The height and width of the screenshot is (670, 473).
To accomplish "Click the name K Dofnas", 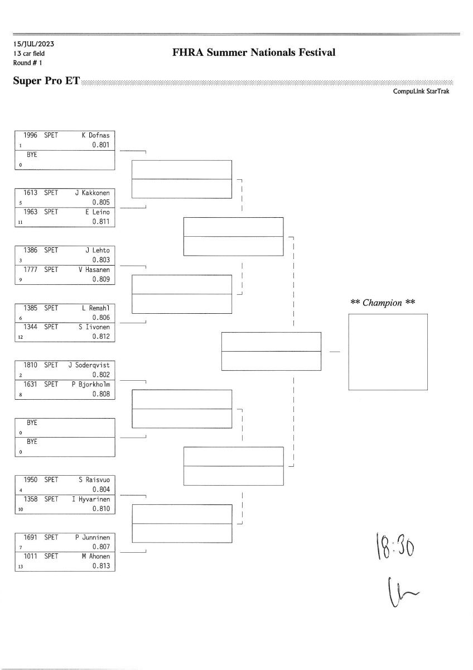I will point(95,135).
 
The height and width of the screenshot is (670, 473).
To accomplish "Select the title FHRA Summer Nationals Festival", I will point(254,53).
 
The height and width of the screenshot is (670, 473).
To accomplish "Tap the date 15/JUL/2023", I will point(34,44).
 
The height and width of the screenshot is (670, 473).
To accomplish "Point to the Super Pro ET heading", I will point(46,82).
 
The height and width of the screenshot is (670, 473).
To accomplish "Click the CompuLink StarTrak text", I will point(421,92).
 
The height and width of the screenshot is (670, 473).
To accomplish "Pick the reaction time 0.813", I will point(101,566).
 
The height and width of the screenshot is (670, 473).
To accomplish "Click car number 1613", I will point(30,193).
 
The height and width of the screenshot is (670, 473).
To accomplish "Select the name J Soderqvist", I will point(89,365).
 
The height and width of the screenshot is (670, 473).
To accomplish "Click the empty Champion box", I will point(388,352).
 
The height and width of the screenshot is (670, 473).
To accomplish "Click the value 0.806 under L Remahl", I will point(101,317).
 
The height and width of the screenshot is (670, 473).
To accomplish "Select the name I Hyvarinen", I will point(91,499).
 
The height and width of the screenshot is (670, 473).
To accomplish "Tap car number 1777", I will point(30,270).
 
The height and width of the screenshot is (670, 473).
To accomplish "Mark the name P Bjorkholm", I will point(90,384).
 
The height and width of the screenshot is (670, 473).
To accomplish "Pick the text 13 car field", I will point(29,53).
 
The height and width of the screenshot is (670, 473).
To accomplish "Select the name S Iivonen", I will point(94,327).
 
